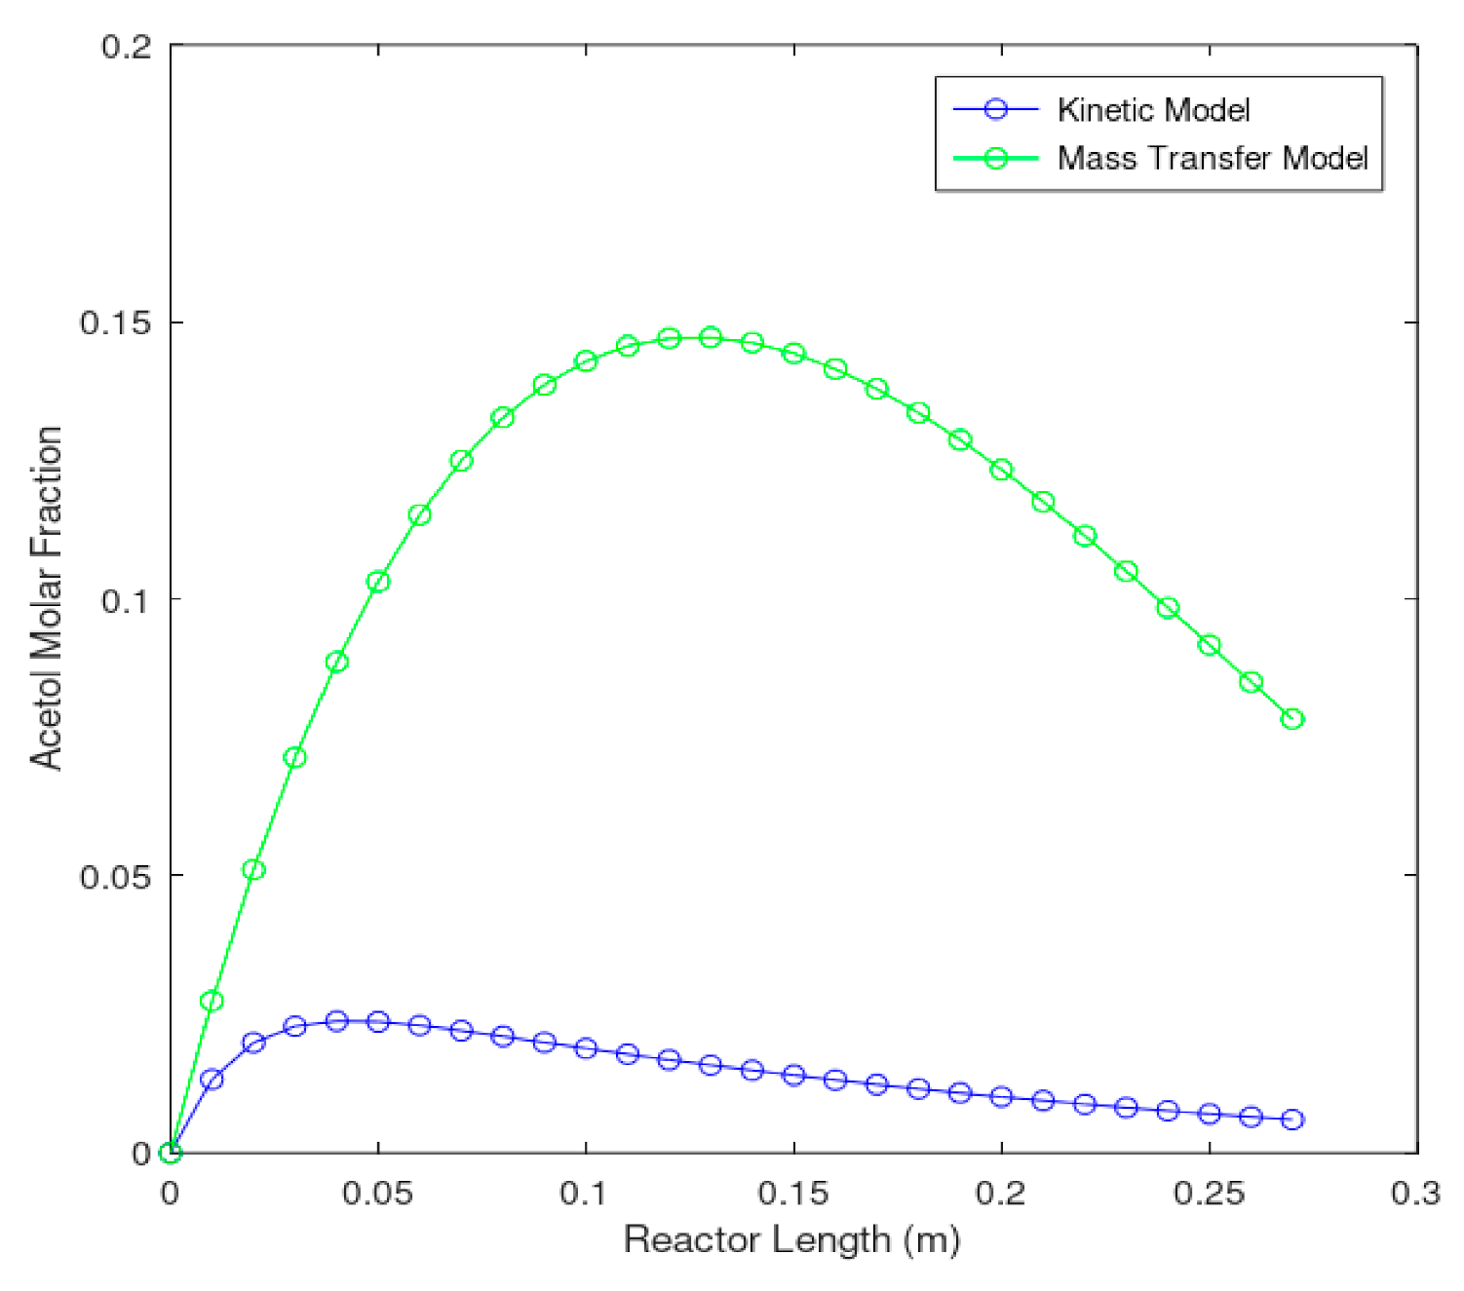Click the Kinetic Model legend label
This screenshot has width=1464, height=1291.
[x=1153, y=110]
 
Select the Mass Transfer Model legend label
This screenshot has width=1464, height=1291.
[x=1213, y=158]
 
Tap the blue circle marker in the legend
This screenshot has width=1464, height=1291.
[x=995, y=110]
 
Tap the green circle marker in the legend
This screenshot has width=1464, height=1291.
[x=995, y=158]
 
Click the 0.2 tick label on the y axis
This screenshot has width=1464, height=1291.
[x=127, y=46]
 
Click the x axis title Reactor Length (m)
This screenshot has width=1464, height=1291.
[x=791, y=1240]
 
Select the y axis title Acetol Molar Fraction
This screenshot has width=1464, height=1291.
[x=46, y=597]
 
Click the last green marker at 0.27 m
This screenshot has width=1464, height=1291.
[x=1292, y=719]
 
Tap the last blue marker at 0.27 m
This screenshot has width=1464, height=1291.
[x=1292, y=1120]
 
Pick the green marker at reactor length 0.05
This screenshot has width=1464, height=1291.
[x=378, y=582]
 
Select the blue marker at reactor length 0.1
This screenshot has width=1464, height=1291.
[x=586, y=1048]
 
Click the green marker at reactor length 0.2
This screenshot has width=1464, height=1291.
[x=1001, y=470]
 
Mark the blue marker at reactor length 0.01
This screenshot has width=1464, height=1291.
[x=212, y=1080]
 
